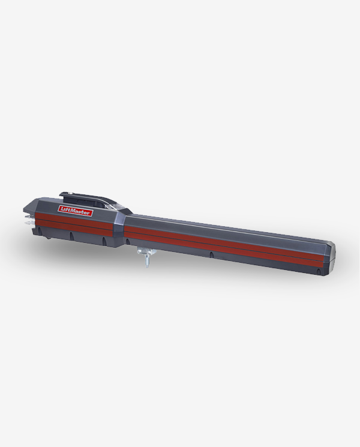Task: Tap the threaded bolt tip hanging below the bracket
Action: click(x=146, y=263)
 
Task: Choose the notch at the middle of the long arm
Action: click(x=211, y=254)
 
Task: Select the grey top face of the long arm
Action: click(x=228, y=227)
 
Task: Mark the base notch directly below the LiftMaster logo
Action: click(x=71, y=236)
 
